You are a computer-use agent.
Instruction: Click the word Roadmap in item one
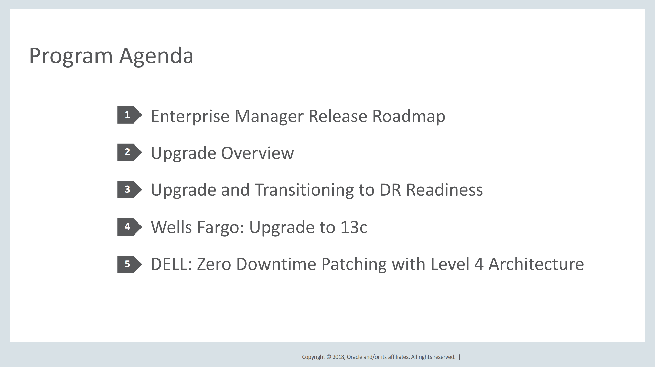pos(409,116)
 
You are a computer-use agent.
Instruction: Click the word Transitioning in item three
pos(304,190)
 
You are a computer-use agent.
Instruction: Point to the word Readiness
pos(444,190)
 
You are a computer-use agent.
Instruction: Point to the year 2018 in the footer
pos(339,357)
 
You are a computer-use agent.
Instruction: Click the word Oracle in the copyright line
pos(354,357)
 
